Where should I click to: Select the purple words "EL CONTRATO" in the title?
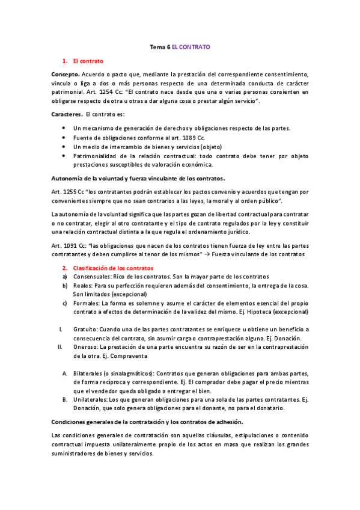point(191,46)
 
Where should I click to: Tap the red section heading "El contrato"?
point(88,61)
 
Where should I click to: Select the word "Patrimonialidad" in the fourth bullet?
point(94,156)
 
